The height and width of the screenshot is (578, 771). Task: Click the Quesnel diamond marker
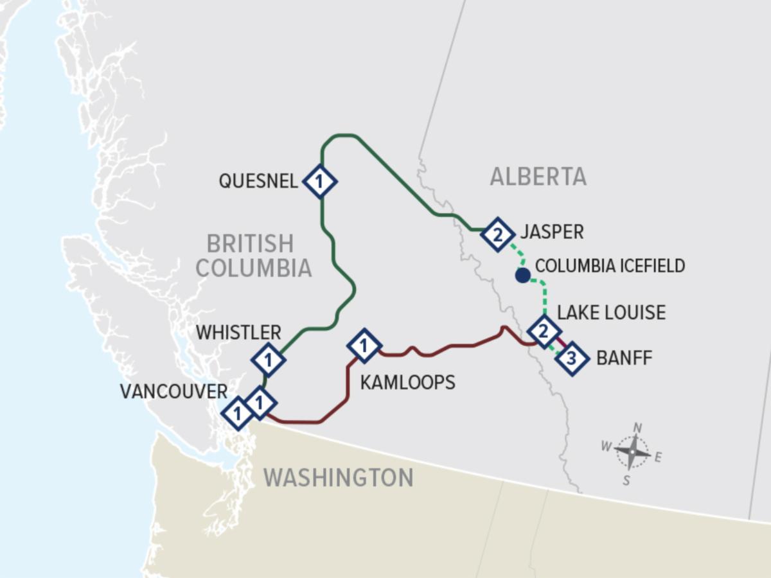tap(320, 182)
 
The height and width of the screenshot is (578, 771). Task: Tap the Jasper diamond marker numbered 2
tap(497, 234)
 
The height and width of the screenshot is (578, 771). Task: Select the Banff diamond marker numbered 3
tap(572, 358)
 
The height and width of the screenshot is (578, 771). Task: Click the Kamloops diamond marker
tap(364, 347)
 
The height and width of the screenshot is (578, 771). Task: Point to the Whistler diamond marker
tap(269, 360)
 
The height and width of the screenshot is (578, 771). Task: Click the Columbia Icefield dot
tap(522, 276)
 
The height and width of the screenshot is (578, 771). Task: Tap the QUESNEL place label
tap(258, 181)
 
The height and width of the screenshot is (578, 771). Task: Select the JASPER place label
tap(552, 232)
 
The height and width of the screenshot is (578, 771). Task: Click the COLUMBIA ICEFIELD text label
tap(610, 266)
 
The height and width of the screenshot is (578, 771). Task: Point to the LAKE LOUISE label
tap(611, 313)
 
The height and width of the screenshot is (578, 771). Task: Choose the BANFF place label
tap(624, 358)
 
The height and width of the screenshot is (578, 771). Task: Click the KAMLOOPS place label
tap(407, 382)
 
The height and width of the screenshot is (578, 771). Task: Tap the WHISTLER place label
tap(238, 332)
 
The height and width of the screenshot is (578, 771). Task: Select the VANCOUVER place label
tap(173, 391)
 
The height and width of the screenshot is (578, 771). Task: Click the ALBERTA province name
tap(538, 176)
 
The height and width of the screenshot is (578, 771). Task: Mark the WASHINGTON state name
tap(338, 478)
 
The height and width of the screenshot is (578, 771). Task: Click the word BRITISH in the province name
tap(250, 244)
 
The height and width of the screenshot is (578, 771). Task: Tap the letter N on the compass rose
tap(637, 428)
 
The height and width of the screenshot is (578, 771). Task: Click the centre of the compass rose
tap(632, 452)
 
